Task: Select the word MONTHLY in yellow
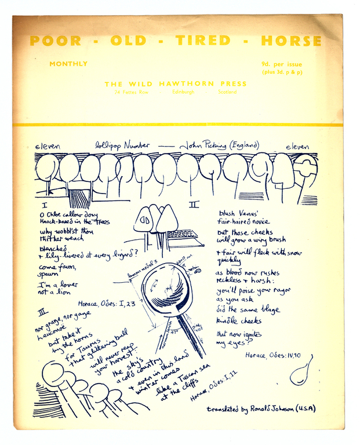coord(68,64)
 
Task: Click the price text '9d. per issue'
coord(282,64)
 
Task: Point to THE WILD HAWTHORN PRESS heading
coord(175,84)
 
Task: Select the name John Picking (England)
coord(219,145)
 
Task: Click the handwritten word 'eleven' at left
coord(48,147)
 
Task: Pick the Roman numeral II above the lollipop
coord(194,205)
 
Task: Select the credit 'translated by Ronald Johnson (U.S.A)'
coord(261,409)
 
